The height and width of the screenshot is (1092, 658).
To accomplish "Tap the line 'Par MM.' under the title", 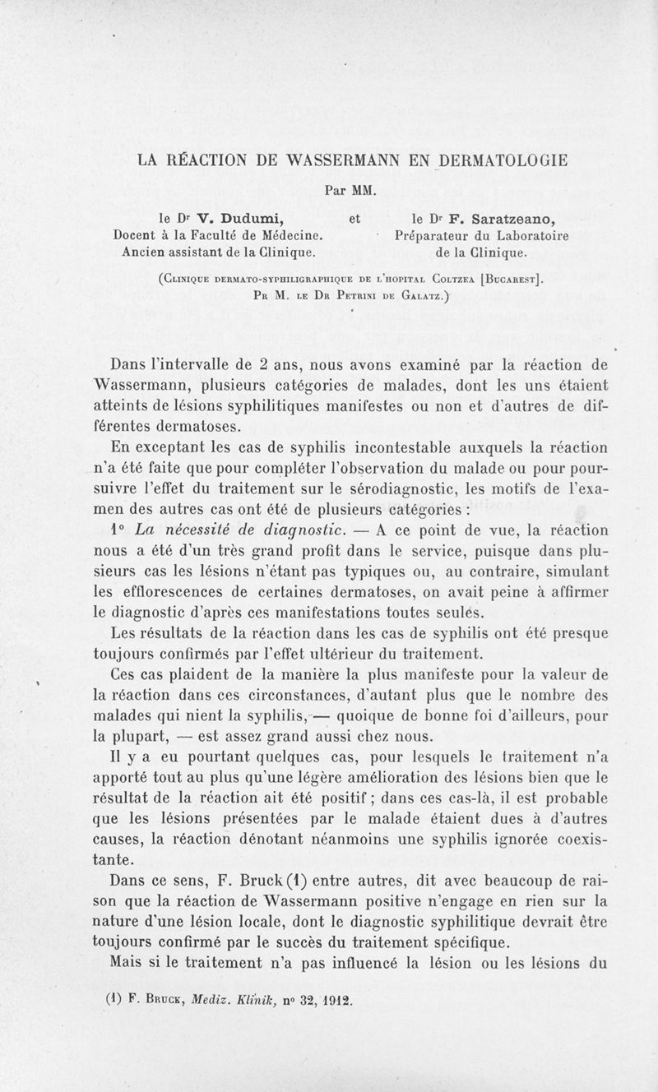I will pos(350,189).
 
